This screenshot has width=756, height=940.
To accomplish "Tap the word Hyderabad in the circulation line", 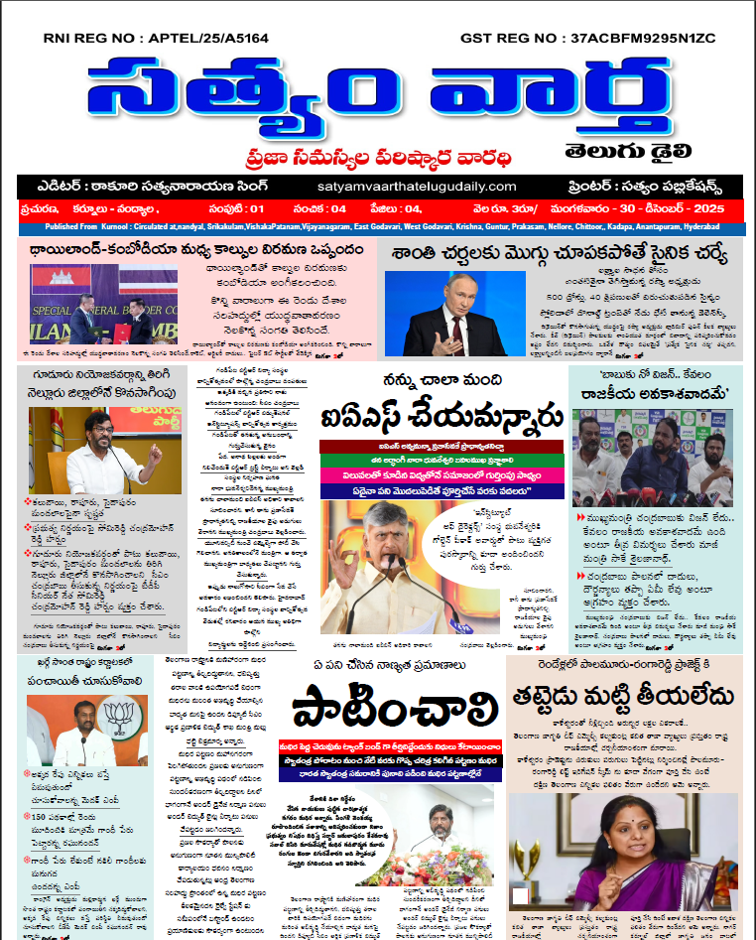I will coord(717,227).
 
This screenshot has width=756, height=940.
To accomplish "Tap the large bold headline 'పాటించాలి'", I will coord(395,708).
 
